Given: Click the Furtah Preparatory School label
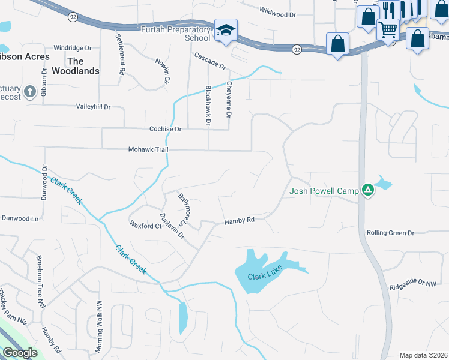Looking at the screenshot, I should [175, 33].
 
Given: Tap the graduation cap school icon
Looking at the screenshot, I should [226, 31].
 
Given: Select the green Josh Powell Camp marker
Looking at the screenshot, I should [368, 191].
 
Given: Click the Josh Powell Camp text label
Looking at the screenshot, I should [324, 191].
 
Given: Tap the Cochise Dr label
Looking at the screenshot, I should [165, 129].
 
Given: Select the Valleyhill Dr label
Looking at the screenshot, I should [94, 107].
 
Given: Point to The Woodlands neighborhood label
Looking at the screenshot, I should [75, 66].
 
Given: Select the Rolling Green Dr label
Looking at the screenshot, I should [391, 233].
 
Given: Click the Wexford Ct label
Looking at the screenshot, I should [146, 226].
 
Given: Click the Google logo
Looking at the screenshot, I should [20, 353].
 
